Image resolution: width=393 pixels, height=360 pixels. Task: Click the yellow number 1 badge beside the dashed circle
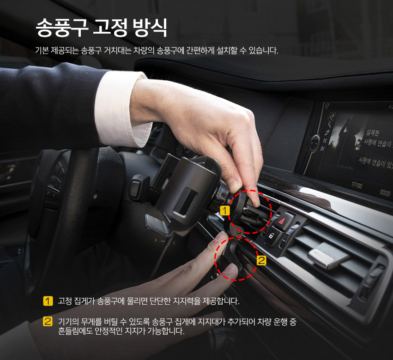click(x=225, y=211)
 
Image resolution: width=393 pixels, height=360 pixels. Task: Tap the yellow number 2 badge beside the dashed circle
click(x=261, y=260)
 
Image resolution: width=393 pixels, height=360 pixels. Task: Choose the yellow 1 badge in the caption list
click(x=48, y=302)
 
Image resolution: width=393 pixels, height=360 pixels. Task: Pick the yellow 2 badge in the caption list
click(x=48, y=321)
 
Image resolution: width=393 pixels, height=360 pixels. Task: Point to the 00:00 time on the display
click(x=385, y=193)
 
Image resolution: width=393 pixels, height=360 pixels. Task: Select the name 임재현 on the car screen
click(x=373, y=132)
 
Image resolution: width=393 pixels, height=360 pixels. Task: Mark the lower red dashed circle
click(x=236, y=259)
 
